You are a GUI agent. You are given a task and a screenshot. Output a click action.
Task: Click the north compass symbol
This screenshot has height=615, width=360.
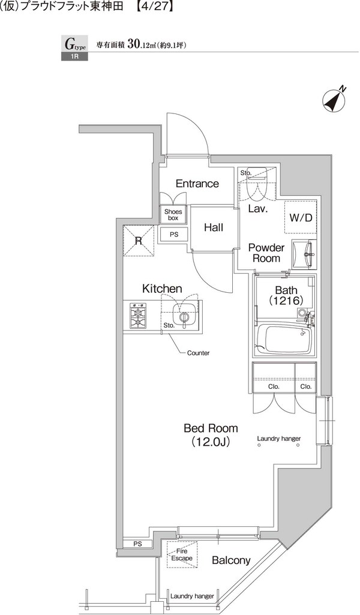(x=334, y=99)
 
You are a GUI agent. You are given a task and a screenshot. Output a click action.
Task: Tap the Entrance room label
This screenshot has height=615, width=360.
(x=197, y=184)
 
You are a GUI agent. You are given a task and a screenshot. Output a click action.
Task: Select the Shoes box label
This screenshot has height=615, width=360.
(x=173, y=215)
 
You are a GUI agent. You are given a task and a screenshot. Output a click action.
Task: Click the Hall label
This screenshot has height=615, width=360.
(x=214, y=227)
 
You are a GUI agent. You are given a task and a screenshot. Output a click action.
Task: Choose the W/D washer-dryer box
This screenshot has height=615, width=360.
(x=301, y=217)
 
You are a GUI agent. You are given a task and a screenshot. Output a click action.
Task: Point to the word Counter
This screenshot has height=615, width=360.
(x=199, y=353)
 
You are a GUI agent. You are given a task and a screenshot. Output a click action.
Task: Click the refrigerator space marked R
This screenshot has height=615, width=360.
(x=138, y=241)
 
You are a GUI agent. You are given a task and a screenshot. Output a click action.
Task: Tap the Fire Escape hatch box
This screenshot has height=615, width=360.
(x=182, y=554)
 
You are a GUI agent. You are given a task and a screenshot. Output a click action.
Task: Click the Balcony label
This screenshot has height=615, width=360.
(x=231, y=560)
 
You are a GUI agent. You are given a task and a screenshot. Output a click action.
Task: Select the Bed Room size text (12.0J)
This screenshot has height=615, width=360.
(x=211, y=442)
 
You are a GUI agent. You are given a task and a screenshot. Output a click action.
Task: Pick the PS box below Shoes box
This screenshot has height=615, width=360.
(x=174, y=235)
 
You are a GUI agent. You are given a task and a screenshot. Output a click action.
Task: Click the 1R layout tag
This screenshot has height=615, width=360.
(x=74, y=56)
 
